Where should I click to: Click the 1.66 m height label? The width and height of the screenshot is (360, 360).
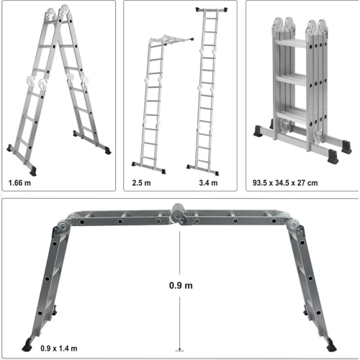(x=19, y=183)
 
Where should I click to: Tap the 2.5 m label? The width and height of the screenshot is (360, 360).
(x=141, y=183)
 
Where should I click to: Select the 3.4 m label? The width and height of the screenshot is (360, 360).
(x=208, y=183)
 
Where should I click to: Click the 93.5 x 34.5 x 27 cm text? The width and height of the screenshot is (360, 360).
(x=285, y=183)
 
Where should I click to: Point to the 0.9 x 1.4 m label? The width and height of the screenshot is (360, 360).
(x=59, y=348)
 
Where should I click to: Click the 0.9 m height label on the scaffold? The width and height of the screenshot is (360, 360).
(x=181, y=285)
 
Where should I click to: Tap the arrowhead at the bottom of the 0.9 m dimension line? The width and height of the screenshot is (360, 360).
(x=179, y=349)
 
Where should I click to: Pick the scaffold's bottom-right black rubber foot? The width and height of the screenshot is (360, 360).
(x=331, y=345)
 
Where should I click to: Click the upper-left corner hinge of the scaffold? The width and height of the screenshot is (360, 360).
(x=63, y=226)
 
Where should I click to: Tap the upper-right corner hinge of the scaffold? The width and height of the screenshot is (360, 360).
(x=294, y=226)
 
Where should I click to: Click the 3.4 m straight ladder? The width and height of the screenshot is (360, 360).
(x=207, y=91)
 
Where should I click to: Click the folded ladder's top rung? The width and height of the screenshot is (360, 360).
(x=291, y=44)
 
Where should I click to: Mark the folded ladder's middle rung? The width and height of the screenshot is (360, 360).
(x=291, y=80)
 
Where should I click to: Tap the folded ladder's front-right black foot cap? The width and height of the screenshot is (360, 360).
(x=333, y=156)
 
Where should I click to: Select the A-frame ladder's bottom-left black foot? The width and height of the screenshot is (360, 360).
(x=33, y=171)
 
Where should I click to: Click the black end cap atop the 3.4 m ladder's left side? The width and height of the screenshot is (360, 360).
(x=199, y=9)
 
